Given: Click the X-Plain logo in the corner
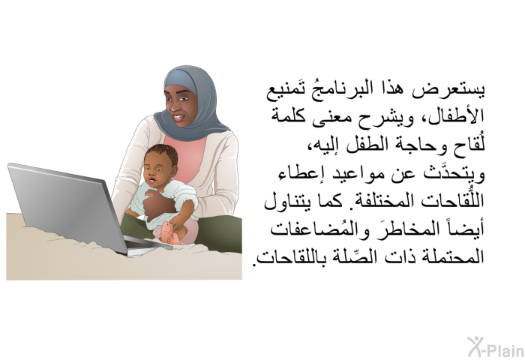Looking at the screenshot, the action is coord(496,347).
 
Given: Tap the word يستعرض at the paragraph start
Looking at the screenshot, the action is coord(448,91).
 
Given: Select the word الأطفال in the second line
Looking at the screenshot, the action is coord(452,115).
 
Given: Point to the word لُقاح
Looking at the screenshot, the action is coord(469,145).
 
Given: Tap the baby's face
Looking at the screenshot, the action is coord(155,173).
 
